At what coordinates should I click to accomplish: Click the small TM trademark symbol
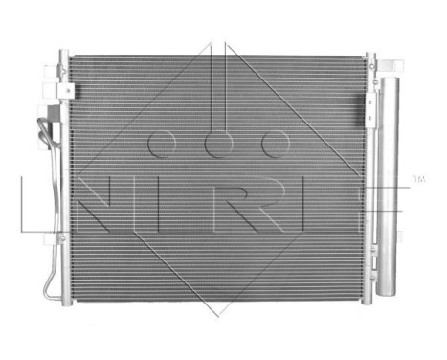tap(417, 179)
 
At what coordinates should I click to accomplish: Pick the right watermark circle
tap(276, 144)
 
